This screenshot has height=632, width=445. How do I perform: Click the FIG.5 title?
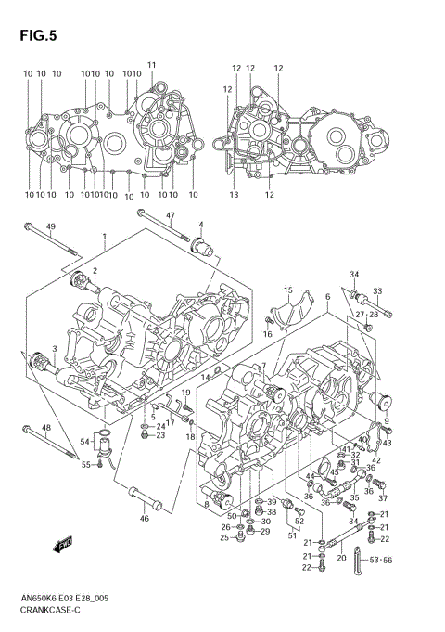click(36, 36)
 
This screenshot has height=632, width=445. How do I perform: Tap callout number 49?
click(51, 227)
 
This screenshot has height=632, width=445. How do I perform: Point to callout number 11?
click(152, 64)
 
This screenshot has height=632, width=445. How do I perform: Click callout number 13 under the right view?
click(235, 195)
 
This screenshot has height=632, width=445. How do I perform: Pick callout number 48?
click(45, 428)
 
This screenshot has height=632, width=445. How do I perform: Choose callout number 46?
click(145, 519)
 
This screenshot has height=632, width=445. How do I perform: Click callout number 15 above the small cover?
click(288, 290)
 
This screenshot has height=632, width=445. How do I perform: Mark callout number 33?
click(377, 291)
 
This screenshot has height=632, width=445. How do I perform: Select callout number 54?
click(84, 441)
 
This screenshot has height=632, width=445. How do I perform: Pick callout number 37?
click(382, 498)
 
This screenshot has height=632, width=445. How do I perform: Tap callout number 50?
click(232, 515)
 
